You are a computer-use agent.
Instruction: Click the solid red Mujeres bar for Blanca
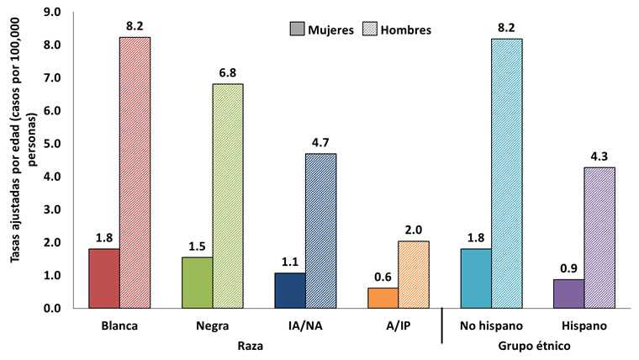(x=105, y=278)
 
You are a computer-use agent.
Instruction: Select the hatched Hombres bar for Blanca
(x=135, y=172)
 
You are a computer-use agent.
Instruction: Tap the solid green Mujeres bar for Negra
(x=198, y=283)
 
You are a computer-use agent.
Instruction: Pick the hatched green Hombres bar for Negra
(x=228, y=196)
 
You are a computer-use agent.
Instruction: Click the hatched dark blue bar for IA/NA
(x=320, y=230)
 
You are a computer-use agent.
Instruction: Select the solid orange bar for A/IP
(x=383, y=298)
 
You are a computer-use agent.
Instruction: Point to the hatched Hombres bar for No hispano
(x=506, y=173)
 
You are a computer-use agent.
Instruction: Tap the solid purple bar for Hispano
(x=569, y=294)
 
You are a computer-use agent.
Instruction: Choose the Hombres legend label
(x=406, y=29)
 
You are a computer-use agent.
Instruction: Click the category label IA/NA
(x=305, y=325)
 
